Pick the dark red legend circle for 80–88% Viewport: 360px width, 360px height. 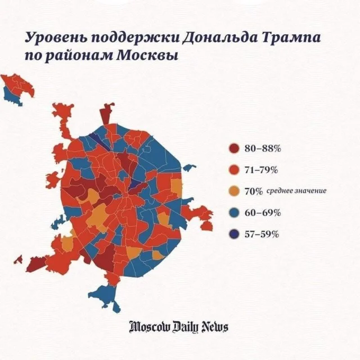tap(234, 148)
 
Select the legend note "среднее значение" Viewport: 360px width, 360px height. tap(296, 191)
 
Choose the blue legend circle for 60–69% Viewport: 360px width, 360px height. tap(234, 213)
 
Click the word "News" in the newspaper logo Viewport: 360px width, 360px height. tap(214, 327)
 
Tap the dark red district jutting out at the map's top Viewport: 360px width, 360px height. tap(106, 114)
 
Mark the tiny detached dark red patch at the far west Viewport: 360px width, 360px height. tap(19, 259)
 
